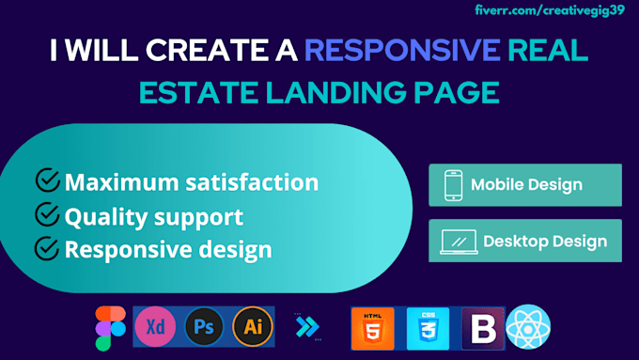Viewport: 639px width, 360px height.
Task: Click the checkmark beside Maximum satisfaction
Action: click(x=47, y=181)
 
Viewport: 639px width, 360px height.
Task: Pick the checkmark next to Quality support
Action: click(x=47, y=215)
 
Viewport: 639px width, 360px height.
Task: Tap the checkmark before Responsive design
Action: click(x=47, y=249)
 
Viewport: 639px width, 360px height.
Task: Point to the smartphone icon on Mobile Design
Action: click(x=452, y=185)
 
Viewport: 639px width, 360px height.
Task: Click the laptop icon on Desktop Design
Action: click(x=456, y=242)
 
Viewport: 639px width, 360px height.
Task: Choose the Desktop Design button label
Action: click(x=545, y=242)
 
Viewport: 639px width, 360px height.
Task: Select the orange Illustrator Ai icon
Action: click(x=251, y=326)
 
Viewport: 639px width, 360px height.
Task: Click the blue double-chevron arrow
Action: click(x=306, y=327)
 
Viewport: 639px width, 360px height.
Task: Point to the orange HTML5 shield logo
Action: click(x=371, y=328)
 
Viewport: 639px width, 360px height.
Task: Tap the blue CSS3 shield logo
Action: click(x=427, y=328)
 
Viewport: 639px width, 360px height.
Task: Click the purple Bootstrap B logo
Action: click(x=482, y=328)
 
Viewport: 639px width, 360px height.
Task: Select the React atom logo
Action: click(x=528, y=328)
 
